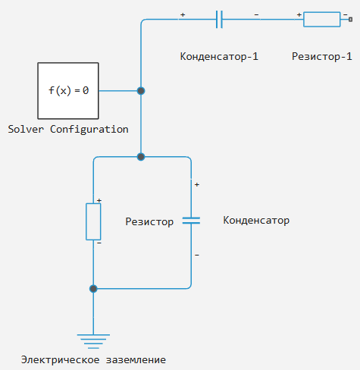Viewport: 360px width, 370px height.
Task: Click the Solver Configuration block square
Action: click(68, 91)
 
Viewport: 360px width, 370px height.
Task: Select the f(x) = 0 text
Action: click(68, 90)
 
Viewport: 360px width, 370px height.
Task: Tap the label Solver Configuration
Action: click(68, 130)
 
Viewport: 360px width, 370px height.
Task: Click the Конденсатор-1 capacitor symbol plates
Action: click(219, 19)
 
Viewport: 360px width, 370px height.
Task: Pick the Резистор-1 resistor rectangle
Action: click(321, 19)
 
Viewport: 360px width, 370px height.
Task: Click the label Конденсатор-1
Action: click(219, 56)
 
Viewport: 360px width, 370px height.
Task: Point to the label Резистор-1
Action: click(322, 56)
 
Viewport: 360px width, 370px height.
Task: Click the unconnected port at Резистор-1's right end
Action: click(350, 19)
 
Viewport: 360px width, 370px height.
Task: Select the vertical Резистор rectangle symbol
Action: click(93, 221)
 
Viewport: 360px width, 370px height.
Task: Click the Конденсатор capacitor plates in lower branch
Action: click(191, 221)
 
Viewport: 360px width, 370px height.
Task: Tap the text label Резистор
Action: click(149, 221)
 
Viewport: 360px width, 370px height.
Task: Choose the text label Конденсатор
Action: click(256, 221)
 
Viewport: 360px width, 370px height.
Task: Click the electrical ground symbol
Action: click(93, 341)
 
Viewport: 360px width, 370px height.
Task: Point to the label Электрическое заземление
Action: click(93, 359)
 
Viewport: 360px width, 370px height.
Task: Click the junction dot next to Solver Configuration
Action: click(141, 91)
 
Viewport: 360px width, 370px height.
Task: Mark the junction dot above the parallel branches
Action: click(141, 157)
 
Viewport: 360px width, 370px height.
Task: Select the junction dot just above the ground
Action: click(93, 289)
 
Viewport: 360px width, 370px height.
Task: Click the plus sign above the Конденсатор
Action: click(197, 185)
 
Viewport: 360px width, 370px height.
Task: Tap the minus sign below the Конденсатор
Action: click(197, 255)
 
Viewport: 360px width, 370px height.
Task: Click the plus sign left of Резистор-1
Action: click(299, 14)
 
